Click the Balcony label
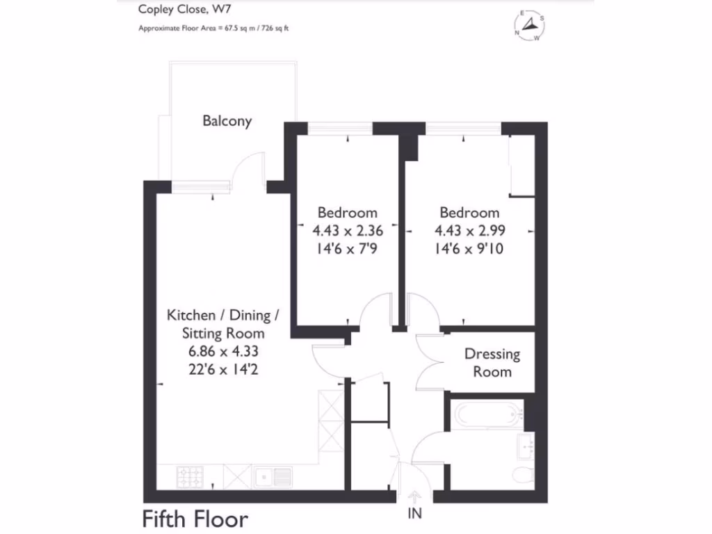[227, 120]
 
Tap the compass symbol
[530, 27]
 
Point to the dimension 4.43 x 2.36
[347, 230]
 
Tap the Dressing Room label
[492, 363]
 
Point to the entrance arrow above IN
[414, 496]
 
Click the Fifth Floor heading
[195, 519]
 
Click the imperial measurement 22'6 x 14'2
[222, 368]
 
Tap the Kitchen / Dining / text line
[222, 315]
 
